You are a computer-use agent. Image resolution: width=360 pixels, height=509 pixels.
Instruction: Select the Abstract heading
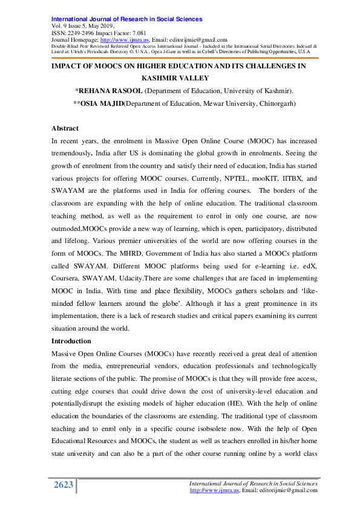[65, 129]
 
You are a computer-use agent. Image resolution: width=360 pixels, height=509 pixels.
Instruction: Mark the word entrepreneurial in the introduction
[142, 366]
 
